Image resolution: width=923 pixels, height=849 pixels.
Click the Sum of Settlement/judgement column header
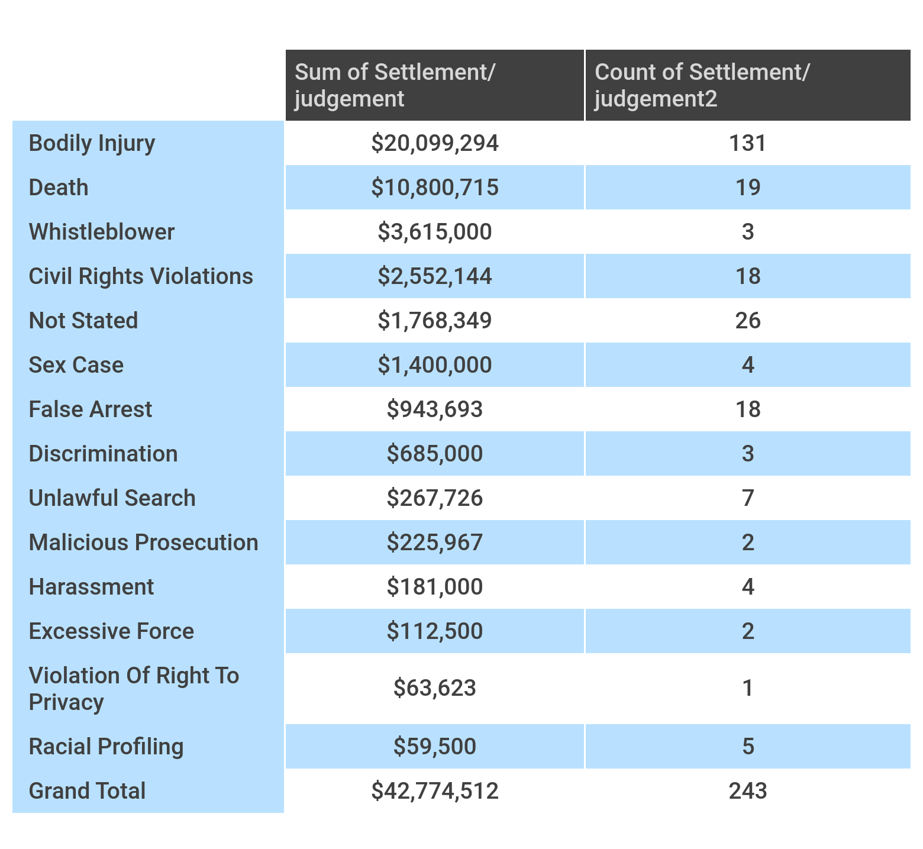395,85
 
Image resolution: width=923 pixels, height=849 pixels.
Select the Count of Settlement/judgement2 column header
702,85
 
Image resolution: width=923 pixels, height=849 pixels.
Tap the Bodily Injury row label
92,144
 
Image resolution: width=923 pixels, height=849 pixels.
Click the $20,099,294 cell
435,143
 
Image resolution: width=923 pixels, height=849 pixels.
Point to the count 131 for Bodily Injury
748,143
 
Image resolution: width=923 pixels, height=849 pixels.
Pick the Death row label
59,188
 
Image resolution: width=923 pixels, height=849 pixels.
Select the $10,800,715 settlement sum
435,188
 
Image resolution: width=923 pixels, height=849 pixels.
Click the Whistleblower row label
102,232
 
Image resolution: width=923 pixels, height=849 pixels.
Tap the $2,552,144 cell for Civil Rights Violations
435,276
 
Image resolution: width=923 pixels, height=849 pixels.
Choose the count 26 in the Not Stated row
748,321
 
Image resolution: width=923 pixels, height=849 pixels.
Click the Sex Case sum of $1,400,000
435,365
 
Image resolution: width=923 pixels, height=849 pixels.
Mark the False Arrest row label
91,409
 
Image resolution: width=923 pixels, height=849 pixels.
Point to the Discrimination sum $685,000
435,454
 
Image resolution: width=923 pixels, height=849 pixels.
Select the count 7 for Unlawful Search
748,498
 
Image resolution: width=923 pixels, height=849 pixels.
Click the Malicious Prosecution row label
144,543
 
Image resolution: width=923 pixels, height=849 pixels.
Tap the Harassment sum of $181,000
435,587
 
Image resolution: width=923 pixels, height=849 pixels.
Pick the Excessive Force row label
111,631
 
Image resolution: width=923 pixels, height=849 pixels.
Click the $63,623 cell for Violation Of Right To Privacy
435,688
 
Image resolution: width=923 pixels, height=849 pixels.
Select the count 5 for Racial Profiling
748,747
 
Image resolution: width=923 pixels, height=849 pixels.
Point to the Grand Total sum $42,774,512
435,791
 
